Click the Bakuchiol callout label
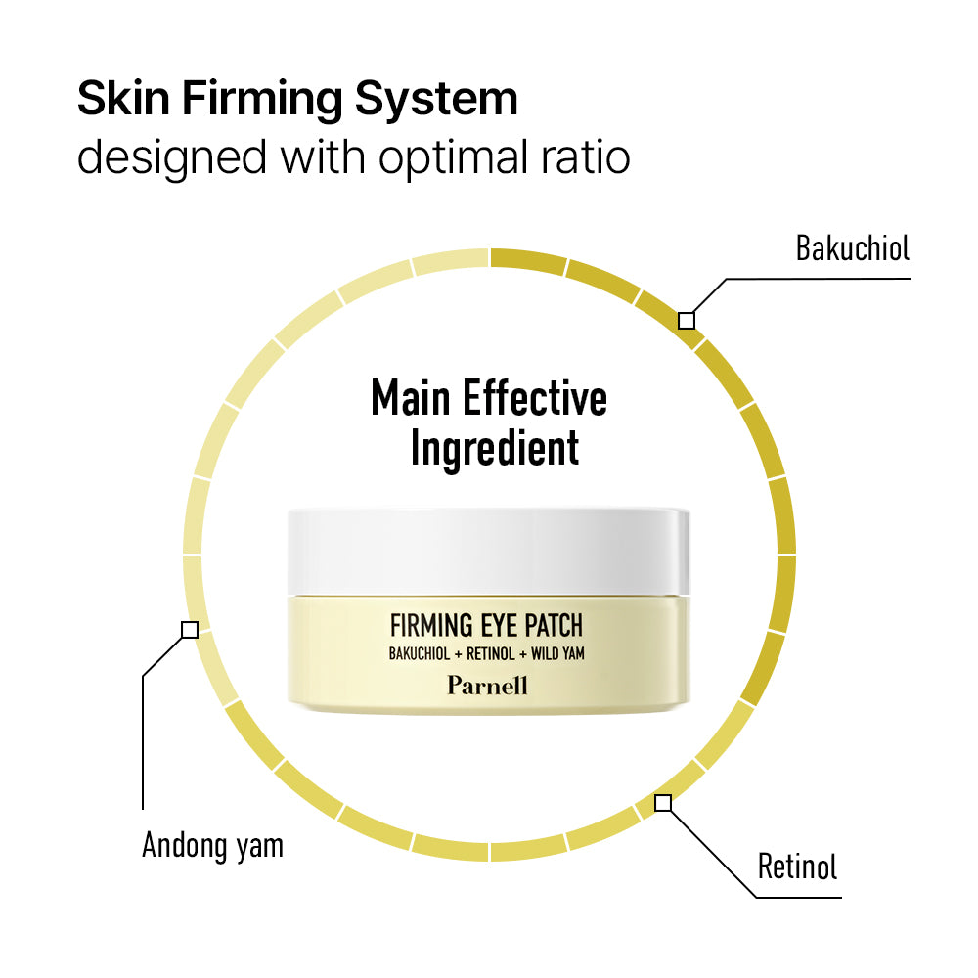(852, 248)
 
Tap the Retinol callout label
(797, 866)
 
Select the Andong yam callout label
(212, 844)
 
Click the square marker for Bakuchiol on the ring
(687, 320)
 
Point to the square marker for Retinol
(663, 803)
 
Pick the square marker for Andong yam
(190, 630)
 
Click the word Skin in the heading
(124, 99)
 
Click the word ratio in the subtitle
(587, 156)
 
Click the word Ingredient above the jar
(495, 448)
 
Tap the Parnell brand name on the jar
(487, 685)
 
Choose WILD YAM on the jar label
(552, 653)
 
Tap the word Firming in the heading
(271, 99)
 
